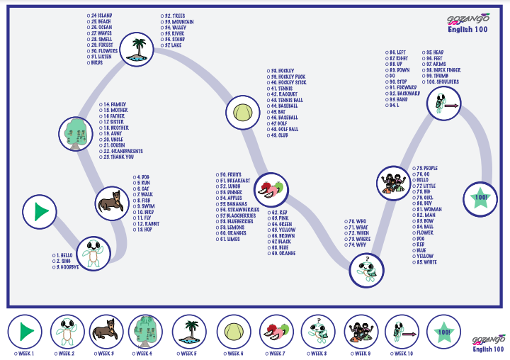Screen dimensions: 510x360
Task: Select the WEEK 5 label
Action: (188, 353)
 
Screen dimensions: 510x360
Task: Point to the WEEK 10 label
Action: (404, 353)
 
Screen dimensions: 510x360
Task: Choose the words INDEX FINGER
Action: (446, 70)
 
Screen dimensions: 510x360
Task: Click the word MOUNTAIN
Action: (182, 21)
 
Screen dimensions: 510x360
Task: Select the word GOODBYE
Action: (74, 267)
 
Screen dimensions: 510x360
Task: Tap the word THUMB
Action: (439, 76)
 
